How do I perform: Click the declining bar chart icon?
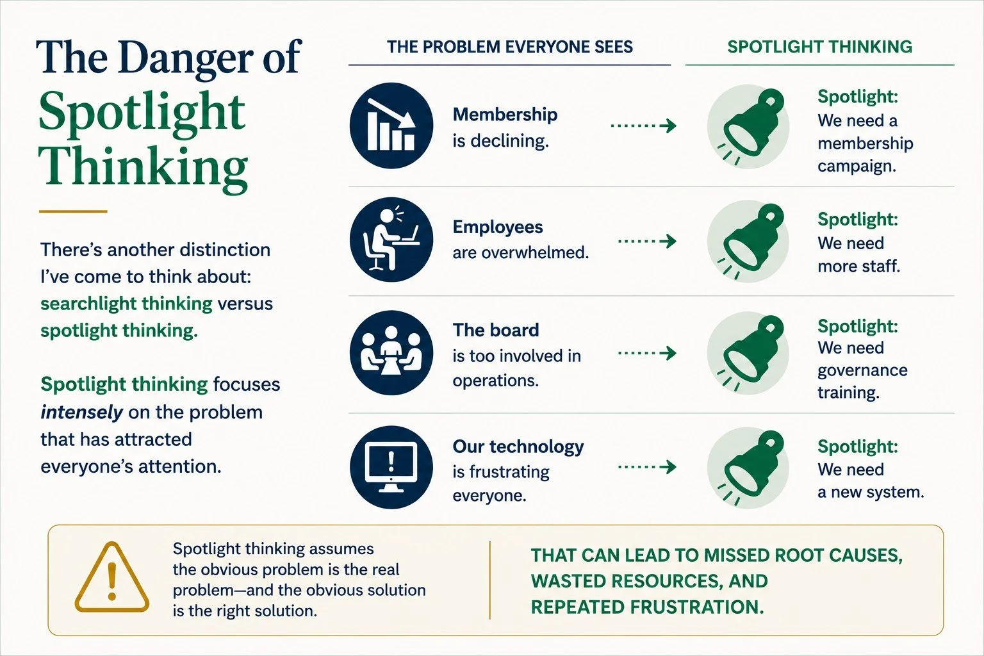point(391,125)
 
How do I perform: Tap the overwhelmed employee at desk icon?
point(391,240)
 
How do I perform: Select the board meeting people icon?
point(391,353)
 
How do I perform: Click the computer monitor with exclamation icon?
point(391,467)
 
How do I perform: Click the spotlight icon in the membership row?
point(748,127)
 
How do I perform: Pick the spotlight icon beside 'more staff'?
point(748,242)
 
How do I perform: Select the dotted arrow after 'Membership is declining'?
point(644,126)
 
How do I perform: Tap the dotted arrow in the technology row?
point(647,466)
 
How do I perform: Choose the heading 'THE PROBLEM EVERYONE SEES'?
point(509,47)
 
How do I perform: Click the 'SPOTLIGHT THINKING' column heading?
point(820,47)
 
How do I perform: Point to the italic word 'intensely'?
point(81,412)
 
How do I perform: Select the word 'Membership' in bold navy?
point(505,115)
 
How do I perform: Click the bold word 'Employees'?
point(498,227)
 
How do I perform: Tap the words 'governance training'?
point(862,381)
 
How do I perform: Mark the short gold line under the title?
point(73,211)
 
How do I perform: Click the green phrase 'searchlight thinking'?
point(126,304)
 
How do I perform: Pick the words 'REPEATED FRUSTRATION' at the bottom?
point(647,607)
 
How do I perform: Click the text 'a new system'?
point(871,492)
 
